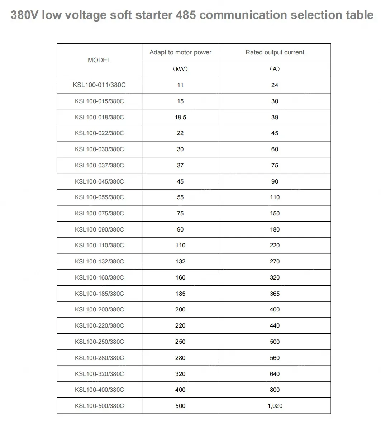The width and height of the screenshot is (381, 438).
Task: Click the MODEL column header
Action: point(99,60)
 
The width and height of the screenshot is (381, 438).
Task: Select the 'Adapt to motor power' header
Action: point(180,52)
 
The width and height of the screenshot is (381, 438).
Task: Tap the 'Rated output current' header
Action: point(275,52)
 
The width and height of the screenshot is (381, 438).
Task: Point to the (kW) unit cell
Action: point(180,69)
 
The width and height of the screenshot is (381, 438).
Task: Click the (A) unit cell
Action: point(275,69)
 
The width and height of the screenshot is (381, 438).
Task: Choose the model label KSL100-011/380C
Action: point(99,85)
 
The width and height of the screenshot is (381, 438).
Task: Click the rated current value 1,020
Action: point(275,406)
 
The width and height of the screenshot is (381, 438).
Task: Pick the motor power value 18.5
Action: point(180,117)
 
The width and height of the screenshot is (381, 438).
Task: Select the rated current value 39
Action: point(275,117)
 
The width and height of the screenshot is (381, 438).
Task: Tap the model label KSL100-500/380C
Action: point(99,406)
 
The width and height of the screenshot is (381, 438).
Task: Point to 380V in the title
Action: point(24,15)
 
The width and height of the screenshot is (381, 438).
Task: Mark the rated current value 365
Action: point(275,294)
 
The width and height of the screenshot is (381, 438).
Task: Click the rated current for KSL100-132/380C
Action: point(275,261)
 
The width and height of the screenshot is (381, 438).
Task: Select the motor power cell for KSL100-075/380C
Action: point(180,213)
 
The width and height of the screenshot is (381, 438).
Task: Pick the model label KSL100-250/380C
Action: point(99,342)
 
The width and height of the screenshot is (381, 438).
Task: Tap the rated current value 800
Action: point(275,390)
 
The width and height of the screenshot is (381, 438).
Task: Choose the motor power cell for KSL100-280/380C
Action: point(180,358)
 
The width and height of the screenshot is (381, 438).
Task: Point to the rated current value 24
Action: point(275,85)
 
